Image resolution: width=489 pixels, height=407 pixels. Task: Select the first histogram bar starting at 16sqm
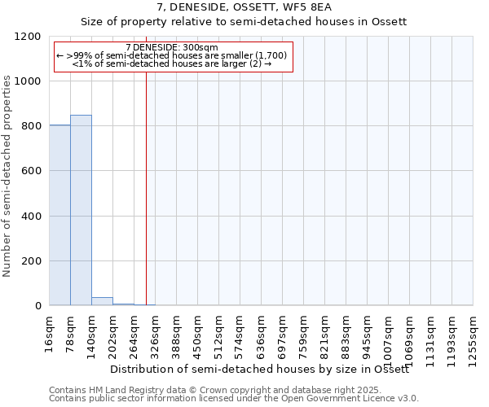click(59, 215)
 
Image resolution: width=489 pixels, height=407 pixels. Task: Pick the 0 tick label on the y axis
click(37, 306)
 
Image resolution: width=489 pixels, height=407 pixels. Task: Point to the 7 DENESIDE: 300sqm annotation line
click(172, 47)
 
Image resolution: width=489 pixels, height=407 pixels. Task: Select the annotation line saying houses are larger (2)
click(172, 63)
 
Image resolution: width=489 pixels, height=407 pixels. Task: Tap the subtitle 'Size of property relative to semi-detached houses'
click(244, 22)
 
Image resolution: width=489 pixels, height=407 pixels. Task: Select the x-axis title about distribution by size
click(270, 370)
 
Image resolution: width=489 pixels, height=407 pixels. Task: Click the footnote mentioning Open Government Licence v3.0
click(234, 398)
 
